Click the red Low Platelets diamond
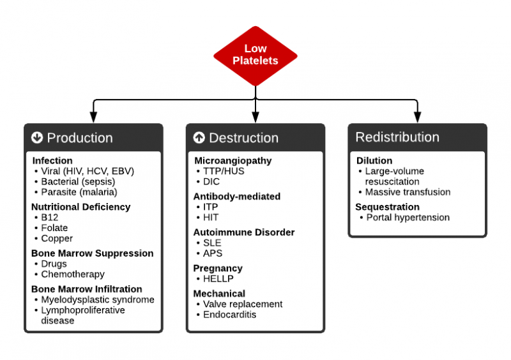255,56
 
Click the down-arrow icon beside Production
37,138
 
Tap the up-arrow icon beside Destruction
199,138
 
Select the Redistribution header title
397,137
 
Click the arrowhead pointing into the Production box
93,117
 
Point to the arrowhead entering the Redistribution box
417,117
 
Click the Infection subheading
52,161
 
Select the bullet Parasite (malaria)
79,191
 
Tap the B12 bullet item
49,218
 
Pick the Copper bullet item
56,238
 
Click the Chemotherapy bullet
72,274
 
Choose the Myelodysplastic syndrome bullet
97,299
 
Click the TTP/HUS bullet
224,171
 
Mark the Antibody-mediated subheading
237,197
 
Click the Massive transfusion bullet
408,191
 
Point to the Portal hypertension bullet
408,217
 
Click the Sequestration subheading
387,207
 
